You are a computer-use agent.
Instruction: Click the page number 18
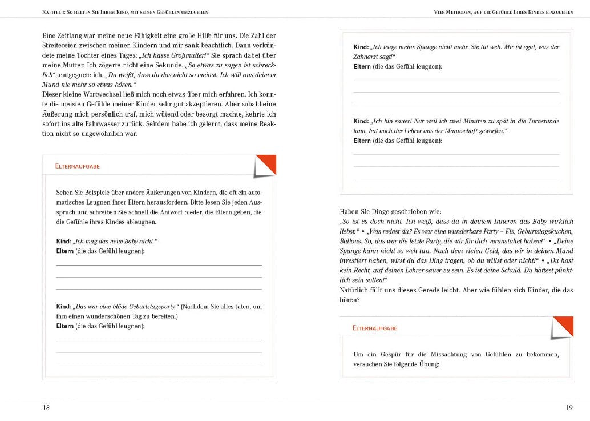[46, 407]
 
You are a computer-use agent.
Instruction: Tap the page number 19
[568, 407]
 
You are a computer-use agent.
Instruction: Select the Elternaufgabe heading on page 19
[375, 328]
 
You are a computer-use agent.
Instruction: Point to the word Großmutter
[191, 55]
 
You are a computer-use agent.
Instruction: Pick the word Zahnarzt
[371, 57]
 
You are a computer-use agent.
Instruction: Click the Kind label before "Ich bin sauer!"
[361, 121]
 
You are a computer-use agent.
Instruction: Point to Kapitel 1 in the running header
[58, 11]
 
